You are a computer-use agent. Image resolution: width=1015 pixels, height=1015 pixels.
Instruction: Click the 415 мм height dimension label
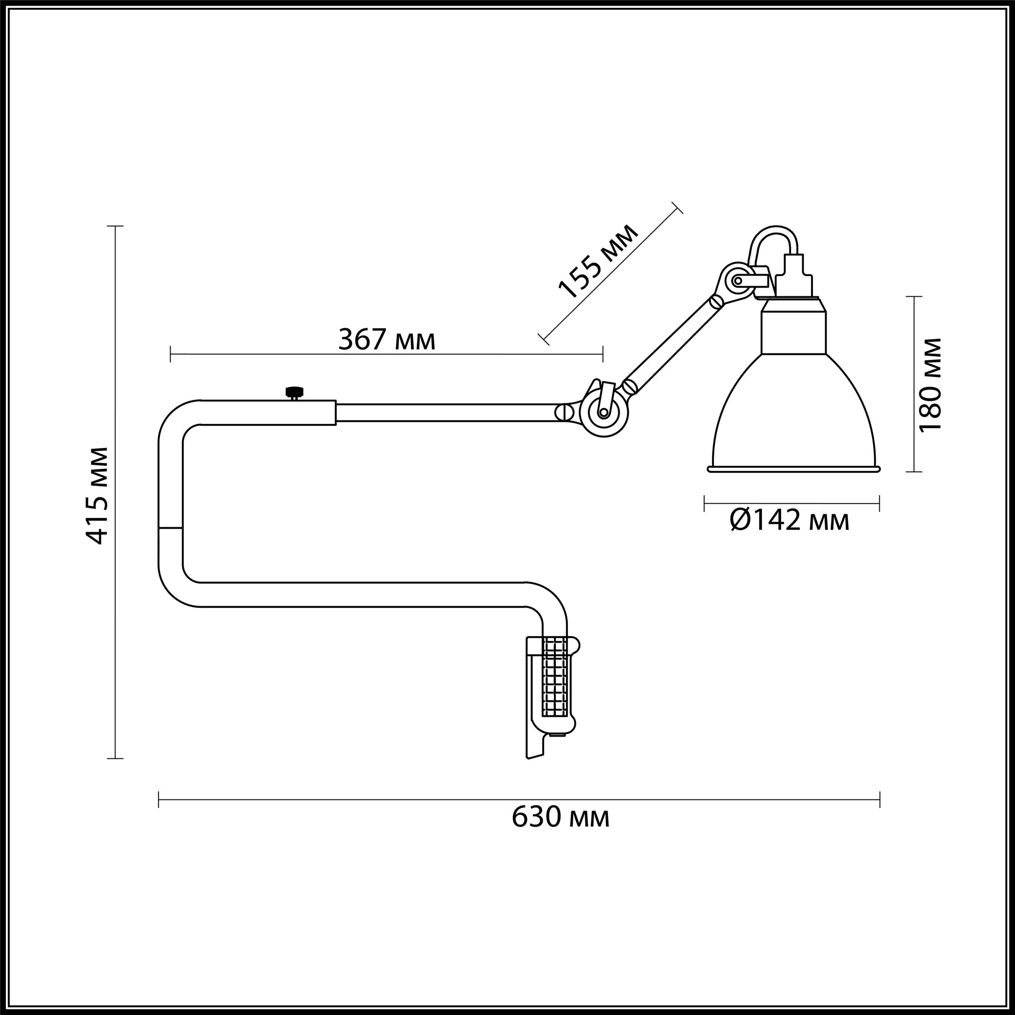coord(97,495)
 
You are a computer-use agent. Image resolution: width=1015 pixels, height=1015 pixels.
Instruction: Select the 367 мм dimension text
coord(387,339)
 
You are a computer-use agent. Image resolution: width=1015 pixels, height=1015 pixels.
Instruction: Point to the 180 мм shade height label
coord(930,384)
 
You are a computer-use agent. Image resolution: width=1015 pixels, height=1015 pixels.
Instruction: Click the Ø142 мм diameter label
coord(790,521)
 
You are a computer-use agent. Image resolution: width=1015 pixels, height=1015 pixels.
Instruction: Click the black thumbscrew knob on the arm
coord(295,392)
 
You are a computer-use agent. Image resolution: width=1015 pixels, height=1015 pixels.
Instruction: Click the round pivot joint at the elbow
coord(604,412)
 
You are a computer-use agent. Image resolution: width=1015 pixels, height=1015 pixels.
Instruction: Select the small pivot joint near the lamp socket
coord(737,280)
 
